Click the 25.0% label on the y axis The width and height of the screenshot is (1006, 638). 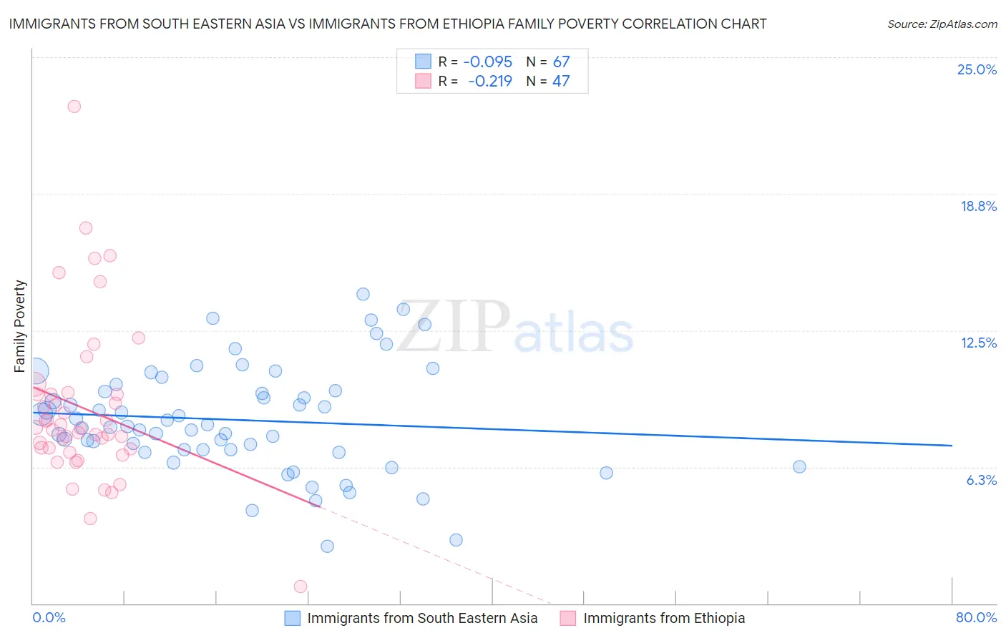pos(977,69)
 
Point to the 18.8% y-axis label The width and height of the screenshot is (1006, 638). pos(978,206)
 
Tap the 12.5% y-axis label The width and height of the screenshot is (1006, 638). pos(978,343)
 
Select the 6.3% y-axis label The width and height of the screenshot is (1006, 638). pos(981,480)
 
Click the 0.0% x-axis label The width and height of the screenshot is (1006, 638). pos(49,617)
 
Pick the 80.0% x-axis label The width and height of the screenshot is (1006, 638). pos(976,617)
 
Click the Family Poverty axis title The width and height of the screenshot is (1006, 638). pos(20,326)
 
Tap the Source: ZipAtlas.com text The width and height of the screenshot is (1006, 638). pos(942,24)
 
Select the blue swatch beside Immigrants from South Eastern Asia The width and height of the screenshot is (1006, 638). pos(292,618)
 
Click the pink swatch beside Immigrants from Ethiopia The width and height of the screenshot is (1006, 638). pos(567,618)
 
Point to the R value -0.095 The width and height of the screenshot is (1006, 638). pos(488,62)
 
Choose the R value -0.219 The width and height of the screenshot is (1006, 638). pos(490,81)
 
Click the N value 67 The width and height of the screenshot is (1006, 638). pos(561,62)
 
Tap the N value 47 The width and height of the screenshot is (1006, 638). pos(561,81)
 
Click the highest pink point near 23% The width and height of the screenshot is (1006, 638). pos(74,107)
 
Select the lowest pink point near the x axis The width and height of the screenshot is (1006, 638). pos(301,587)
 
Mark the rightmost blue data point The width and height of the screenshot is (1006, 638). pos(799,467)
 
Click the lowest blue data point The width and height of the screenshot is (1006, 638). pos(327,546)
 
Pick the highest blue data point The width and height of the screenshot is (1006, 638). pos(363,294)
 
